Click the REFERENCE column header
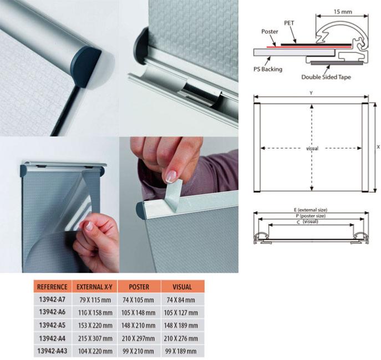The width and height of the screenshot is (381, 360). pyautogui.click(x=52, y=287)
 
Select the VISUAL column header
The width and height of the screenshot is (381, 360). pyautogui.click(x=182, y=287)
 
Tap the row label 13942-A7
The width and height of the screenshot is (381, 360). pyautogui.click(x=52, y=300)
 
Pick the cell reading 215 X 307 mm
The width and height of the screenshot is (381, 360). pyautogui.click(x=95, y=338)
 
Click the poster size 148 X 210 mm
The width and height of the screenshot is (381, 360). pyautogui.click(x=138, y=325)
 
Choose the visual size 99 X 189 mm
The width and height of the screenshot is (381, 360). pyautogui.click(x=181, y=351)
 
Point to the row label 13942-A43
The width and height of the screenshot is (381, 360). pyautogui.click(x=52, y=351)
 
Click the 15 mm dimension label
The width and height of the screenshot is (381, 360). pyautogui.click(x=343, y=12)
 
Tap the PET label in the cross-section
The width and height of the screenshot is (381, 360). pyautogui.click(x=289, y=23)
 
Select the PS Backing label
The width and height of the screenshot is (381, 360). pyautogui.click(x=268, y=69)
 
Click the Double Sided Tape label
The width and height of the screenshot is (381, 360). pyautogui.click(x=326, y=77)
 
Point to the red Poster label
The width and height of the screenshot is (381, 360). pyautogui.click(x=270, y=32)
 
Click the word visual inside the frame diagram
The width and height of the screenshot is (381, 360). pyautogui.click(x=312, y=148)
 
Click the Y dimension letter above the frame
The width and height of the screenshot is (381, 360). pyautogui.click(x=311, y=93)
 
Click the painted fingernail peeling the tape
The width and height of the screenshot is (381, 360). pyautogui.click(x=171, y=176)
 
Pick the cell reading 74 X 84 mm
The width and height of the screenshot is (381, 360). pyautogui.click(x=181, y=300)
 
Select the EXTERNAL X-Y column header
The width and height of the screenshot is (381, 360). pyautogui.click(x=94, y=287)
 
